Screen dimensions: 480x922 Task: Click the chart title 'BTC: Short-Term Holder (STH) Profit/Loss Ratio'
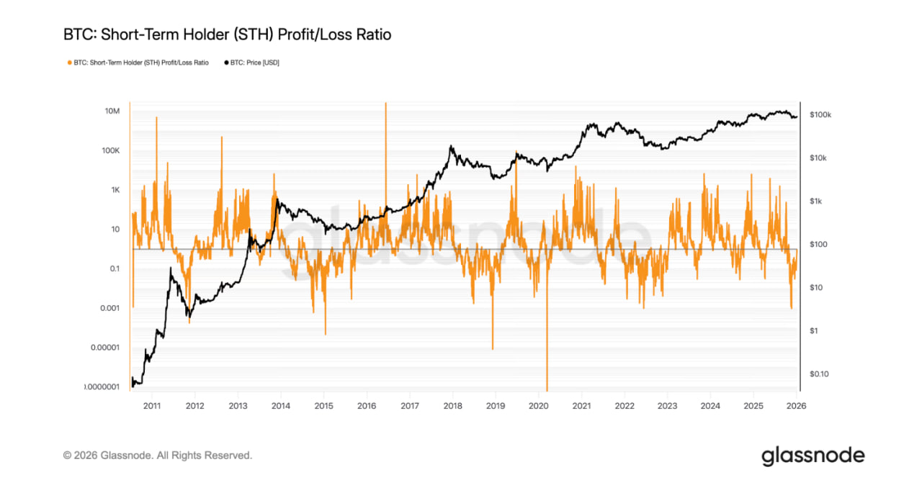pos(227,35)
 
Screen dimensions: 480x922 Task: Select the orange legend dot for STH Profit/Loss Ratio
pos(69,63)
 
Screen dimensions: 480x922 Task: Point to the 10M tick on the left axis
pos(112,112)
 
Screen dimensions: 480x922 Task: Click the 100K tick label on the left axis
pos(109,151)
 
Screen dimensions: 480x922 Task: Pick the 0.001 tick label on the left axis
pos(107,309)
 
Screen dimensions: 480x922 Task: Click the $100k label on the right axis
pos(820,115)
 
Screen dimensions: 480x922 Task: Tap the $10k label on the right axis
pos(819,158)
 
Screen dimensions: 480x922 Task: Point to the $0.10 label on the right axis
pos(819,374)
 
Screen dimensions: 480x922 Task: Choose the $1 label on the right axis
pos(813,331)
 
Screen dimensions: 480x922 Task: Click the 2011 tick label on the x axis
pos(152,405)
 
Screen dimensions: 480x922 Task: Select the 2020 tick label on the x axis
pos(538,405)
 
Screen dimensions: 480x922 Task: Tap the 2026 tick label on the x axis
pos(796,405)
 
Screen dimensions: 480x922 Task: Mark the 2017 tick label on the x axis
pos(409,405)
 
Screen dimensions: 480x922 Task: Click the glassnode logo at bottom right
pos(813,456)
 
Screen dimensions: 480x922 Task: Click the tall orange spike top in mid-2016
pos(386,104)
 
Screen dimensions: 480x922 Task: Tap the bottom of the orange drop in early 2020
pos(547,389)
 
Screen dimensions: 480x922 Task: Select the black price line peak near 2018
pos(451,147)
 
